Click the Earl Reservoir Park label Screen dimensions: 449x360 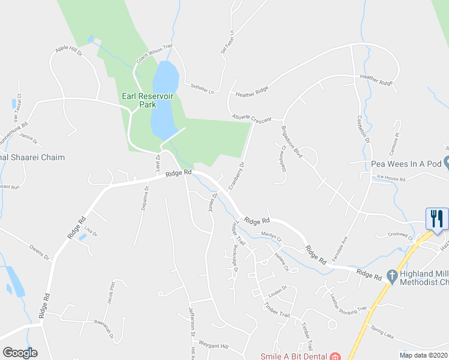tap(139, 100)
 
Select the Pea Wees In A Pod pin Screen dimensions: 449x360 tap(447, 163)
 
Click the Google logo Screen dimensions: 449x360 tap(20, 353)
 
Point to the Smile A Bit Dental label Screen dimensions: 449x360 tap(294, 356)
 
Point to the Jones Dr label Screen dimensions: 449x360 tap(212, 202)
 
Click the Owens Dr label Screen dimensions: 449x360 tap(39, 252)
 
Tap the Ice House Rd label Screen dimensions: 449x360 tap(391, 179)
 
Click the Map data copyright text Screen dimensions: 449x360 tap(423, 355)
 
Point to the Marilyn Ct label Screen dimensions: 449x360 tap(271, 236)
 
